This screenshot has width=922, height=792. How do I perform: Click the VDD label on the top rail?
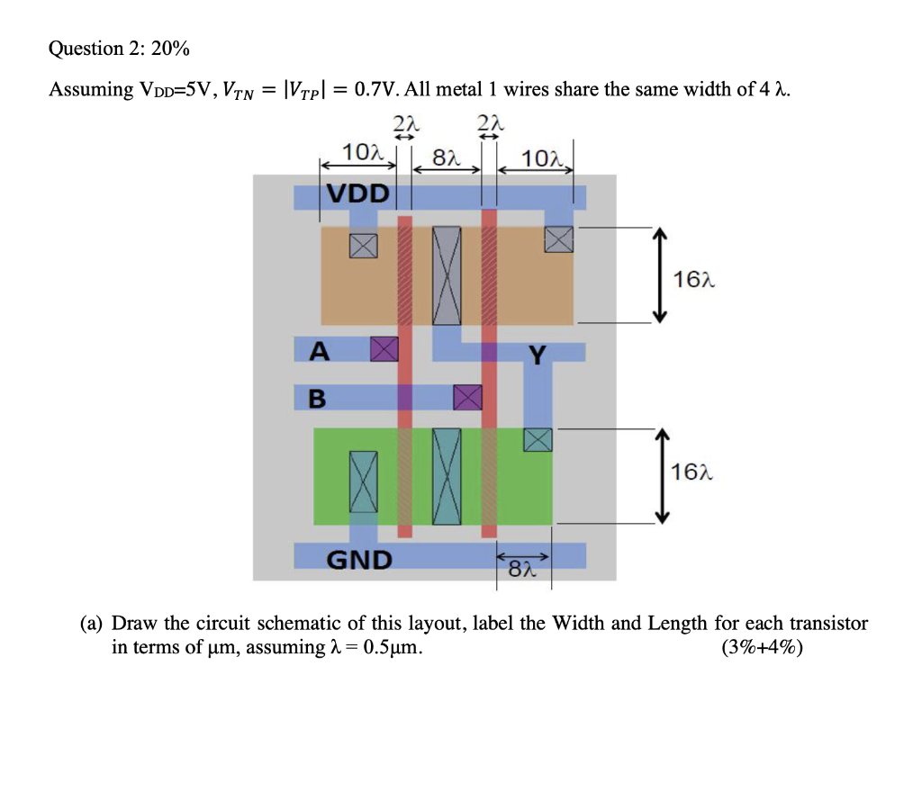(357, 193)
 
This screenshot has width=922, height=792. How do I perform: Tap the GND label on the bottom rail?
(358, 560)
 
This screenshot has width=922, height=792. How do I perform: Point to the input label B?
(318, 398)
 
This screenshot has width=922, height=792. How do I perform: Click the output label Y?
(537, 356)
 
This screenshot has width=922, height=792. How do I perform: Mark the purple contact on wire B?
(467, 397)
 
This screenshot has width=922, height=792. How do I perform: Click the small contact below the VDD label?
(364, 245)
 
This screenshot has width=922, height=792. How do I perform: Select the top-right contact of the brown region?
(558, 238)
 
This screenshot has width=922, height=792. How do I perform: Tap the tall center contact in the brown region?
(447, 275)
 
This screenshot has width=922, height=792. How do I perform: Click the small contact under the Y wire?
(538, 439)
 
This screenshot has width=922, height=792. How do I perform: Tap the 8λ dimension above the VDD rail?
(447, 158)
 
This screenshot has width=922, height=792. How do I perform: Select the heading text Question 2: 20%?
(119, 49)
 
